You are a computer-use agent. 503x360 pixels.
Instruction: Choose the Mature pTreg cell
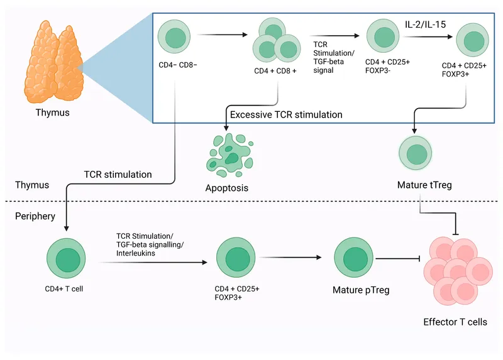tap(351, 257)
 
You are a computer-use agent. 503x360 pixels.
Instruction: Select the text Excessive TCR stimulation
tap(286, 115)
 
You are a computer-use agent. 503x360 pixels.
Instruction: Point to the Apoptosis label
tap(227, 188)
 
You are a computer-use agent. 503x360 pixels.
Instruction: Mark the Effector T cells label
tap(455, 322)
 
